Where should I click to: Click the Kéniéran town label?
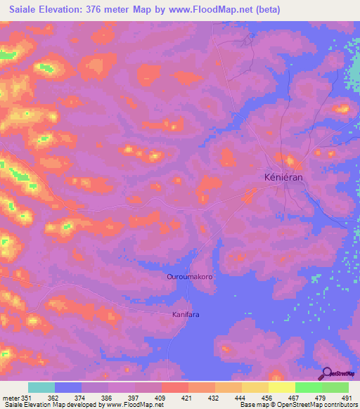pyautogui.click(x=283, y=178)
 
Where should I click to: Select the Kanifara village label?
pyautogui.click(x=186, y=314)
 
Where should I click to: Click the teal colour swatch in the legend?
pyautogui.click(x=41, y=387)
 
